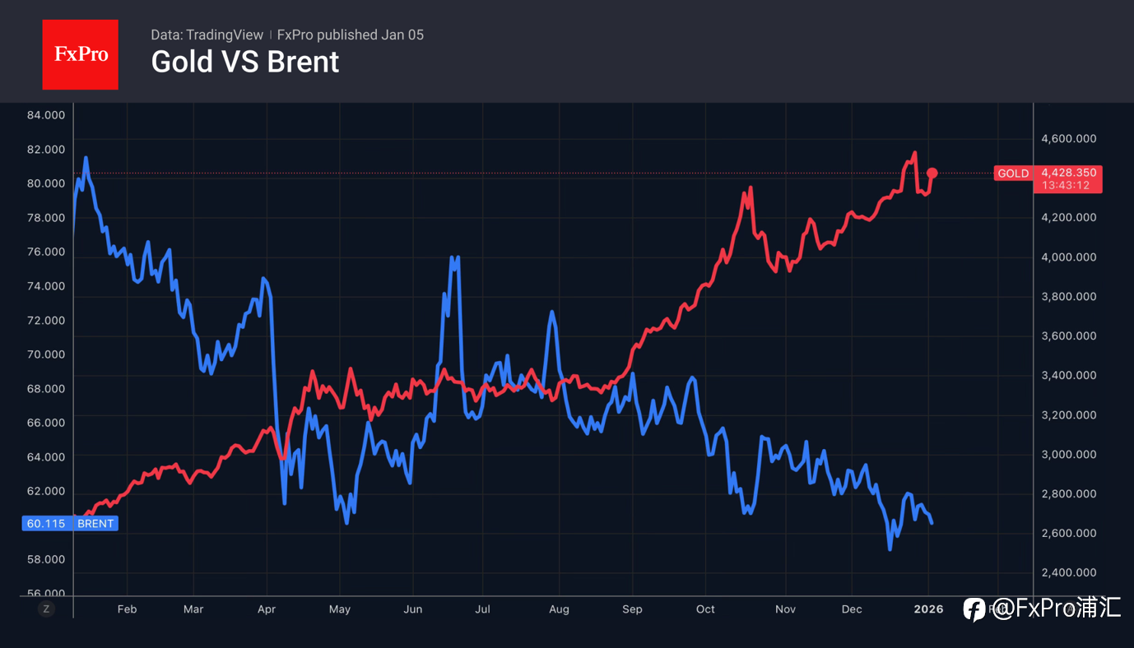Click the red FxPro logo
tap(80, 54)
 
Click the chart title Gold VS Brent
tap(244, 62)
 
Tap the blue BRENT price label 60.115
tap(70, 523)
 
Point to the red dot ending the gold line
tap(932, 173)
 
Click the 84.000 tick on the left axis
tap(46, 115)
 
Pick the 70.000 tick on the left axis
tap(46, 354)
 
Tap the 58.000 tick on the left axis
tap(46, 559)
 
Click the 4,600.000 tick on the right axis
tap(1069, 139)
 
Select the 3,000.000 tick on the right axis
tap(1069, 455)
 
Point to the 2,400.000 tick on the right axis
tap(1069, 572)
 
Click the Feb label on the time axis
tap(127, 609)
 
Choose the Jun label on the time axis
tap(413, 609)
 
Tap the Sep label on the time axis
tap(632, 609)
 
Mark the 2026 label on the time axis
tap(929, 609)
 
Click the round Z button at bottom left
tap(46, 609)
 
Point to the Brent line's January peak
tap(86, 158)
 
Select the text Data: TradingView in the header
tap(207, 35)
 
